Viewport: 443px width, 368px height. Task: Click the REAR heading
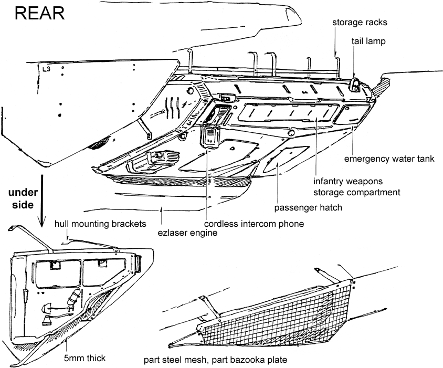pos(40,14)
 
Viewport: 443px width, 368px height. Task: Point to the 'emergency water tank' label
pos(389,159)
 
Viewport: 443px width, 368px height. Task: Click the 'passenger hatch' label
pos(308,207)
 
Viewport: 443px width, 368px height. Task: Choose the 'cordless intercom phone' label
pos(254,224)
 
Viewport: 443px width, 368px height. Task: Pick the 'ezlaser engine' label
pos(187,232)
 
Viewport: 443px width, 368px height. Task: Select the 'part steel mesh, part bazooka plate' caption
pos(215,361)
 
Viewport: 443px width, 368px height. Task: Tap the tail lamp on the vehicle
pos(356,85)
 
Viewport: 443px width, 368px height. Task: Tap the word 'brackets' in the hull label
pos(126,224)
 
